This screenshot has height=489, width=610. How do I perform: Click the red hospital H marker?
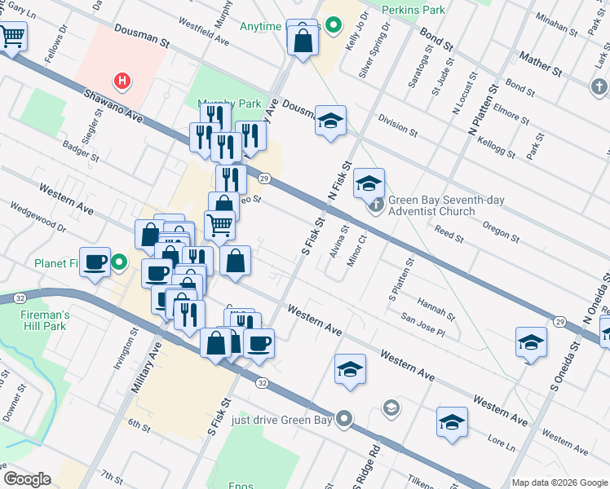122,81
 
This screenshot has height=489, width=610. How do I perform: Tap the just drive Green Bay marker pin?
345,421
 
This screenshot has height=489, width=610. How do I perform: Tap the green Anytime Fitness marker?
332,26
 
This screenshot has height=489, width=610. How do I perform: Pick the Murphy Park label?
229,103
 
